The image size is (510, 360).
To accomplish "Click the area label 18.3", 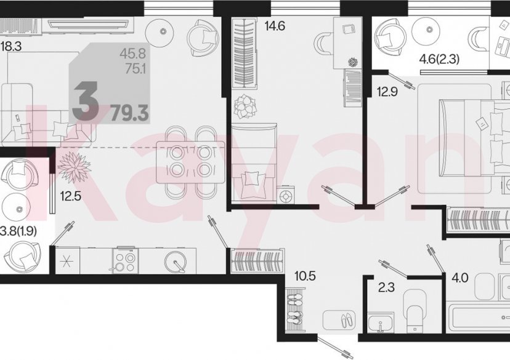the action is point(10,46).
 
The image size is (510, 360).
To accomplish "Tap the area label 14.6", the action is point(275,26).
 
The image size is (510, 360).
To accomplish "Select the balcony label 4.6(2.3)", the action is point(439,60).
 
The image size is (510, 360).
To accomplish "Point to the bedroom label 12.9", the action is point(387,92).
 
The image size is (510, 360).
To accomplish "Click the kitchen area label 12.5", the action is point(71,196).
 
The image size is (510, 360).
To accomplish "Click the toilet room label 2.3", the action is point(386,287).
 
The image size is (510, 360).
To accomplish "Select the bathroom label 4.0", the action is point(459,278).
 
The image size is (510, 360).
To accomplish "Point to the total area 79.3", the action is point(130,113).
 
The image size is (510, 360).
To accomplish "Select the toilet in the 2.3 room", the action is point(415,310).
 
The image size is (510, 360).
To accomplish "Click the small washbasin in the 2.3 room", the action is point(380,322).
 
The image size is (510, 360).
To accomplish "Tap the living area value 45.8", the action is point(132,54).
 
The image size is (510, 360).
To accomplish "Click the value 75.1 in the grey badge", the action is point(136,69).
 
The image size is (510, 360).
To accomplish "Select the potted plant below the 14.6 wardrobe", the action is point(246,106).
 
